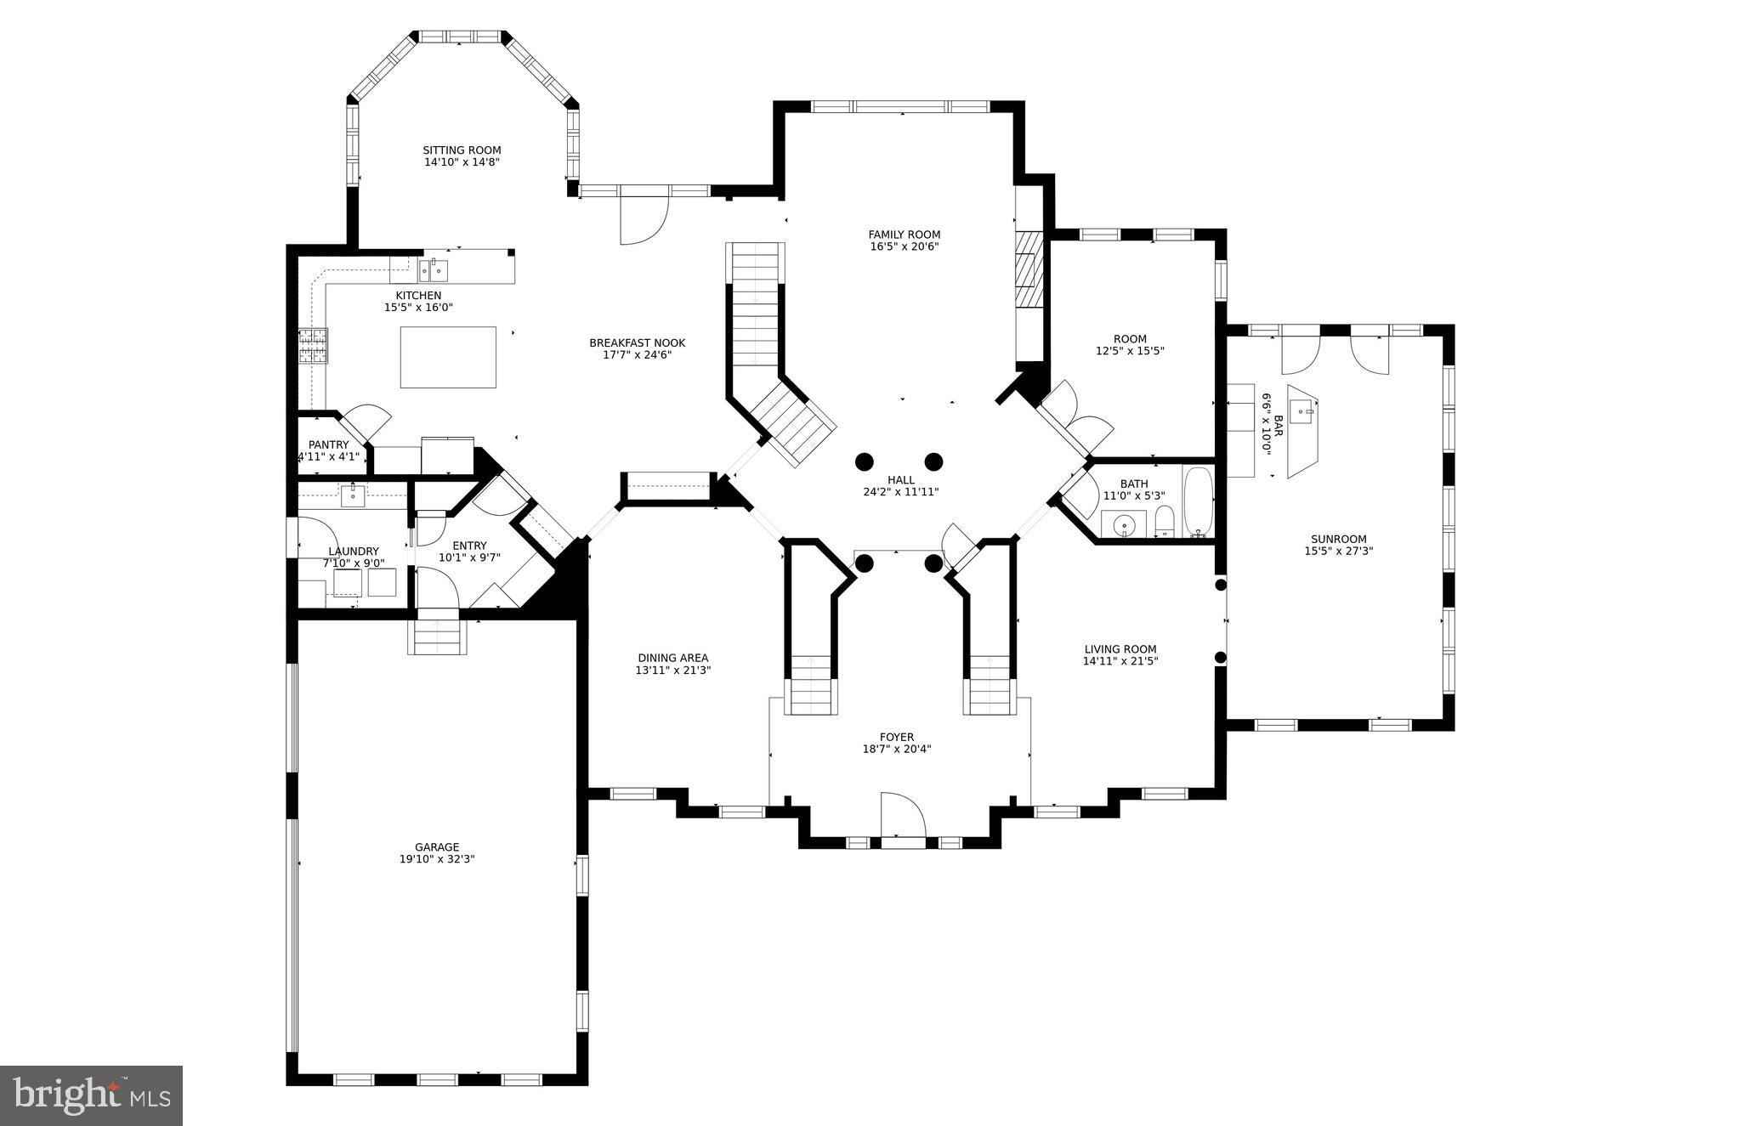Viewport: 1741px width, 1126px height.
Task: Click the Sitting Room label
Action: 462,150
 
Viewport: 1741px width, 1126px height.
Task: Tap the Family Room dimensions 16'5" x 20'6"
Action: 904,247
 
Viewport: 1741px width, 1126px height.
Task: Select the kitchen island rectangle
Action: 448,357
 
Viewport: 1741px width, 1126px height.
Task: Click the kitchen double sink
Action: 434,271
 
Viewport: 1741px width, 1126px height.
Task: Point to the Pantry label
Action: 328,444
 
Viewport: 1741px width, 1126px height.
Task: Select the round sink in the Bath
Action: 1124,526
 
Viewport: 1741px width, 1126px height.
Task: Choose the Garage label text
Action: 437,847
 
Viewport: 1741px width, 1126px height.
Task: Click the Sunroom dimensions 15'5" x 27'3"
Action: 1339,551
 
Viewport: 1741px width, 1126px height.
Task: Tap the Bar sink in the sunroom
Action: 1301,413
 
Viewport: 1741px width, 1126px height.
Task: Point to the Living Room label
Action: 1120,649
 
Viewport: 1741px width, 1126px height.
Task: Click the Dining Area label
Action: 672,658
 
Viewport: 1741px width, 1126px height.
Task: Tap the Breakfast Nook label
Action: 637,343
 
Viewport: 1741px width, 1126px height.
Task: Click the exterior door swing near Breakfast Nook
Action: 642,219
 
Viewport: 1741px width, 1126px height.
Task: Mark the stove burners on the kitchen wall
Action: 312,347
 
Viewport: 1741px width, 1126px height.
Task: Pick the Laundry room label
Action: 354,552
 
